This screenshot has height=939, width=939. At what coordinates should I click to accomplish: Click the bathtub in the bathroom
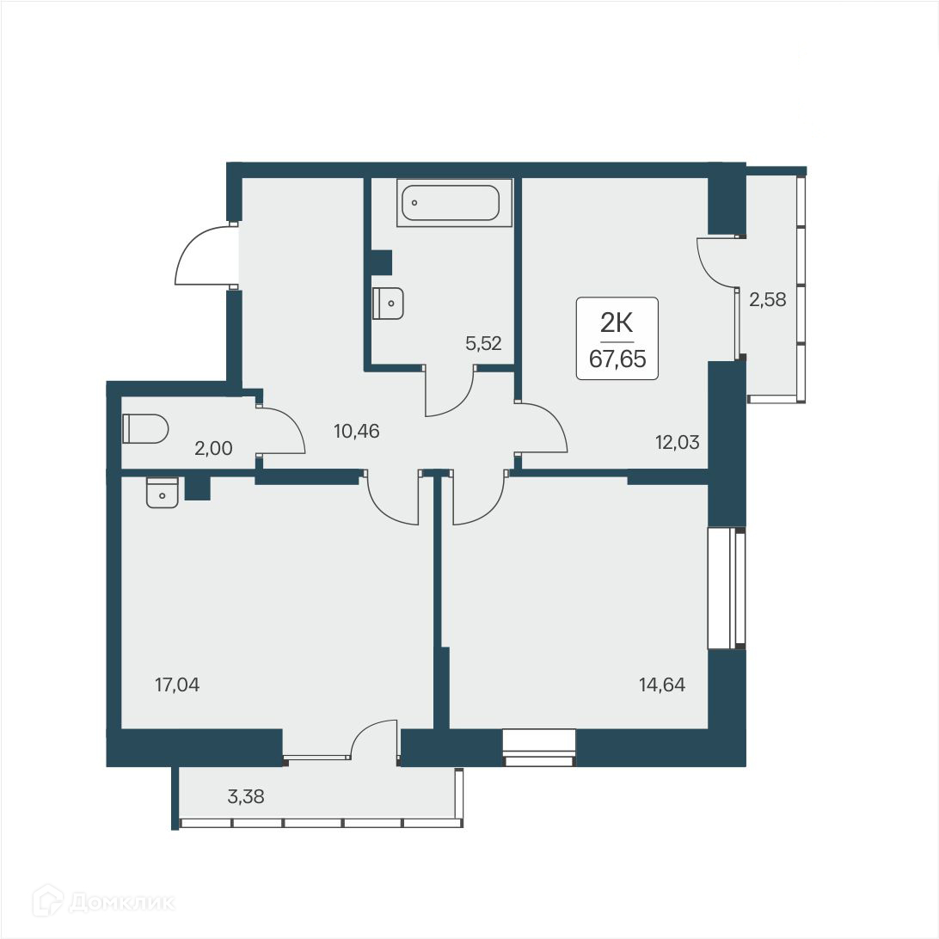(449, 203)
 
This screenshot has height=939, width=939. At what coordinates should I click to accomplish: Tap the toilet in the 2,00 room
(145, 428)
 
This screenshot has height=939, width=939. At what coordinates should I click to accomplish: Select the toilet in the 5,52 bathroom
(389, 303)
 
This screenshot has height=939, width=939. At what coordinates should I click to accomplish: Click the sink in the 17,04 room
(163, 493)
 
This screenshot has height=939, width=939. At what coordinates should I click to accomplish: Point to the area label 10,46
(357, 430)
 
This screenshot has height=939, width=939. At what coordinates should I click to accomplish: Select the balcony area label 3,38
(245, 796)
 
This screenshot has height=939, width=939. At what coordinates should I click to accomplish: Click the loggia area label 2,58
(768, 300)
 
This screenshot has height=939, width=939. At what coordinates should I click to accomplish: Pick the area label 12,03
(677, 443)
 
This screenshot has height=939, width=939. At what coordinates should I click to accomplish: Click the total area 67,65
(617, 359)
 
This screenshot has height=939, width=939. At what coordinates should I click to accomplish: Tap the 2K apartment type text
(617, 323)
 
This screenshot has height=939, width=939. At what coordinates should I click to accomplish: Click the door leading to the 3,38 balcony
(373, 740)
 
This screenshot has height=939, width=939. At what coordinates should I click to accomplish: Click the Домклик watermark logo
(103, 902)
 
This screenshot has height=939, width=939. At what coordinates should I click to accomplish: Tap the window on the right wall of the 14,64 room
(727, 588)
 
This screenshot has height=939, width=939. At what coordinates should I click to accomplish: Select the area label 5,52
(482, 344)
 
